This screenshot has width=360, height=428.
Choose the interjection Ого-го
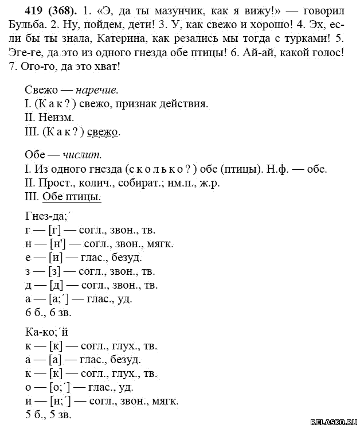tap(34, 67)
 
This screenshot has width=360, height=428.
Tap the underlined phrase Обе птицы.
tap(72, 197)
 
